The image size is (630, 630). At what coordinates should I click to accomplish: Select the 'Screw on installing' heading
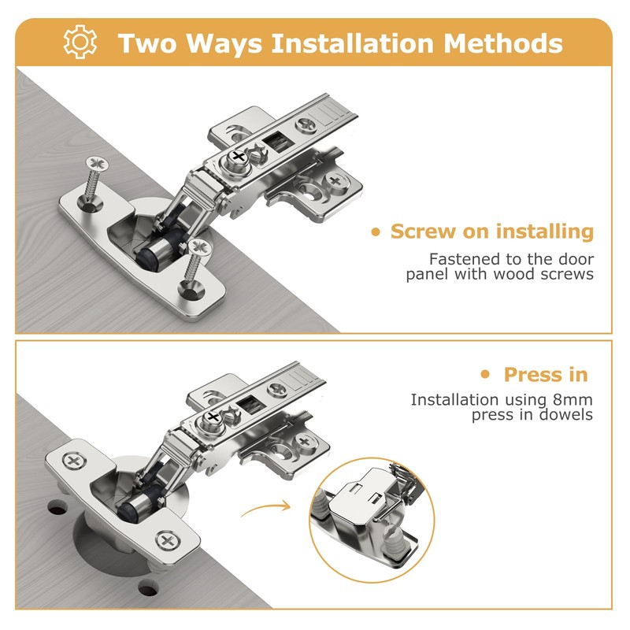coord(491,232)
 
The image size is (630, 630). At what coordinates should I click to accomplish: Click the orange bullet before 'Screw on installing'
coord(376,232)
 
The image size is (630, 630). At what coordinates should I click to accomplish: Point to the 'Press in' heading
coord(546,374)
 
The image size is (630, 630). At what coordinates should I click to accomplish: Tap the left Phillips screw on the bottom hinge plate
coord(75,460)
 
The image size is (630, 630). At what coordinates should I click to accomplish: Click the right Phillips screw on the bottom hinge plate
coord(167,540)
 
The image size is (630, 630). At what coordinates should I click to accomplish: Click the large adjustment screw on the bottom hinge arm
coord(213,417)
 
